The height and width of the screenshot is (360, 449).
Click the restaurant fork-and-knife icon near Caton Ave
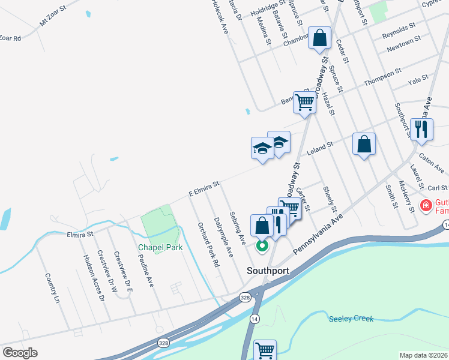point(421,129)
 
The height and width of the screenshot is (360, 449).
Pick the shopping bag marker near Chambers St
point(321,38)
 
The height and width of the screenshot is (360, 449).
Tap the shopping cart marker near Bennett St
point(304,103)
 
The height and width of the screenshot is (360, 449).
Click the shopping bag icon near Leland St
point(364,144)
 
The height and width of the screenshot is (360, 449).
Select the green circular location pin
point(262,245)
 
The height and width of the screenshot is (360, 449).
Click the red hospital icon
point(426,206)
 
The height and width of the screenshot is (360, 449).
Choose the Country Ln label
point(53,288)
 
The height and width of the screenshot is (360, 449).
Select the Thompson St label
point(382,77)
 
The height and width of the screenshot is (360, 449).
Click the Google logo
point(20,353)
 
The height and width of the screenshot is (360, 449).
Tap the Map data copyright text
point(424,355)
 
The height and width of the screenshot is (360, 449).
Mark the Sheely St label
point(330,198)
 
